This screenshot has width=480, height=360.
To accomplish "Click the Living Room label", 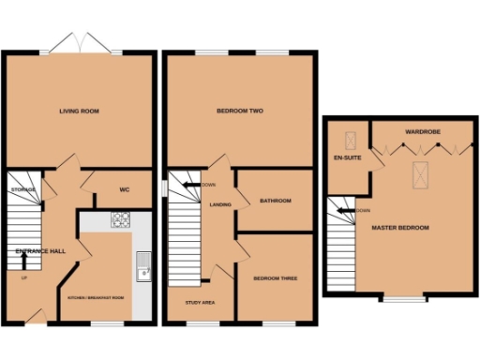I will [79, 111].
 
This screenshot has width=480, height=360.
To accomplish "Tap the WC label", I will [124, 190].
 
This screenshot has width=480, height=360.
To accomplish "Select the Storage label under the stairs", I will [24, 190].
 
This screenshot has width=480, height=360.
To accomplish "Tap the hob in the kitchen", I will [121, 221].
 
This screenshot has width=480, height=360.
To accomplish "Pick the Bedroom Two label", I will [239, 111].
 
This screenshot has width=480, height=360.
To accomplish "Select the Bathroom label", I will [276, 200].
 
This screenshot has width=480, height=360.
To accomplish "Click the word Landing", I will [220, 203].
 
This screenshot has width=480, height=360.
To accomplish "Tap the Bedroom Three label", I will [276, 277].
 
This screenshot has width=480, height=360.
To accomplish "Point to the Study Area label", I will [202, 303].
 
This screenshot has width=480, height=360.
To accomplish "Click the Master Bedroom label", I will [399, 228].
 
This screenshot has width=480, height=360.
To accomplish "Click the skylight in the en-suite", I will [352, 142].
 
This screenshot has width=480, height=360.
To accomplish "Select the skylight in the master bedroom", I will [419, 171].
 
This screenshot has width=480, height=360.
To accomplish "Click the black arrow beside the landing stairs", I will [190, 185].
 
